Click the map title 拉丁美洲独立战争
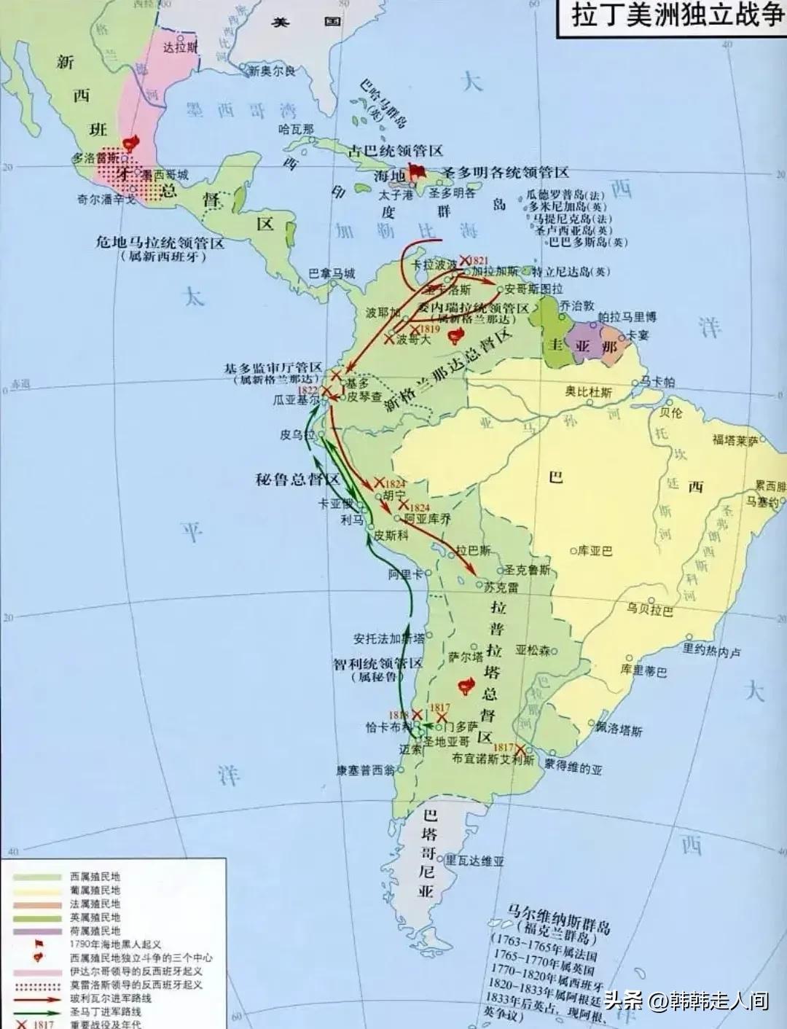pyautogui.click(x=676, y=16)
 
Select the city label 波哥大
pyautogui.click(x=413, y=340)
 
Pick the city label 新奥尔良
pyautogui.click(x=272, y=71)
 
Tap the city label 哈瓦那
pyautogui.click(x=295, y=128)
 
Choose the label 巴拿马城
pyautogui.click(x=332, y=274)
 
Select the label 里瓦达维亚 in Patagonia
pyautogui.click(x=474, y=861)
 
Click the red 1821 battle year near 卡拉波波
pyautogui.click(x=478, y=260)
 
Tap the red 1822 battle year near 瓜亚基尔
pyautogui.click(x=308, y=391)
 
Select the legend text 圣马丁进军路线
pyautogui.click(x=106, y=1012)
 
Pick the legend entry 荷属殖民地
pyautogui.click(x=95, y=931)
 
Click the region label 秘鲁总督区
pyautogui.click(x=298, y=480)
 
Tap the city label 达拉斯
pyautogui.click(x=180, y=48)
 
